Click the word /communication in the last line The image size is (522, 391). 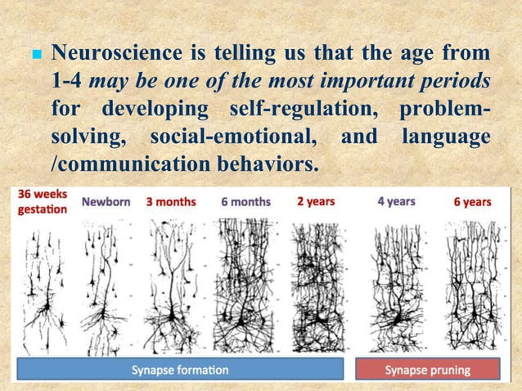(124, 163)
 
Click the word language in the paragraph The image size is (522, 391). (445, 136)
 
